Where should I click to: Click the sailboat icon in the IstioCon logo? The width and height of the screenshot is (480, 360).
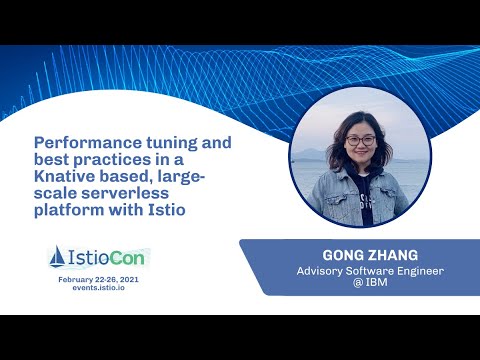tap(58, 258)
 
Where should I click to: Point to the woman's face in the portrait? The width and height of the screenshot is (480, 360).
tap(360, 146)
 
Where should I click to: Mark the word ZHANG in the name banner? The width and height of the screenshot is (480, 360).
tap(384, 254)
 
